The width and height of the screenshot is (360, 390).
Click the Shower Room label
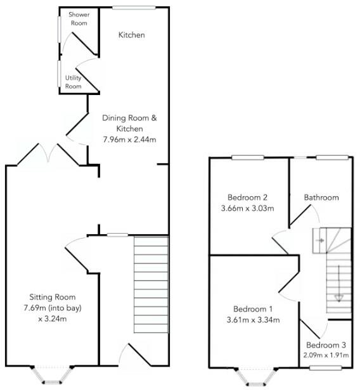[79, 18]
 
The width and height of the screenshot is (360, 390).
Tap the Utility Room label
[73, 82]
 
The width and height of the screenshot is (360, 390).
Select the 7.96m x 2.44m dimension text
[129, 139]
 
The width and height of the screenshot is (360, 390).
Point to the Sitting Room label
[52, 297]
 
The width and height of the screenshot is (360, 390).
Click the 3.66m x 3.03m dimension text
[247, 208]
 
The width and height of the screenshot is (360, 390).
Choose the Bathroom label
[321, 198]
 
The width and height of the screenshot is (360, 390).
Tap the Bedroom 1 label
[253, 309]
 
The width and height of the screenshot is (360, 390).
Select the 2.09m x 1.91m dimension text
[326, 355]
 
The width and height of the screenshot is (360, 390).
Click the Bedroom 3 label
[326, 345]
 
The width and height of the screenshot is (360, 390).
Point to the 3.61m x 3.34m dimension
[253, 320]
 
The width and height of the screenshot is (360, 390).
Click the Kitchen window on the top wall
[134, 8]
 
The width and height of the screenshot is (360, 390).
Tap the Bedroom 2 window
[248, 158]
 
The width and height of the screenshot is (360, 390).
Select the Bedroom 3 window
[325, 368]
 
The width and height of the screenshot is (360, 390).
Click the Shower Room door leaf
[84, 43]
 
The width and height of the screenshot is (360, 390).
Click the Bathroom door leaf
[300, 215]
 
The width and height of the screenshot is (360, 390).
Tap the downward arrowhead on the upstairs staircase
[338, 298]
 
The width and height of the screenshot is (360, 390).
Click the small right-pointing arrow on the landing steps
[320, 241]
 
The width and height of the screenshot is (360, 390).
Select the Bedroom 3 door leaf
[310, 329]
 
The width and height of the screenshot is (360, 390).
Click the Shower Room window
[59, 29]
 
